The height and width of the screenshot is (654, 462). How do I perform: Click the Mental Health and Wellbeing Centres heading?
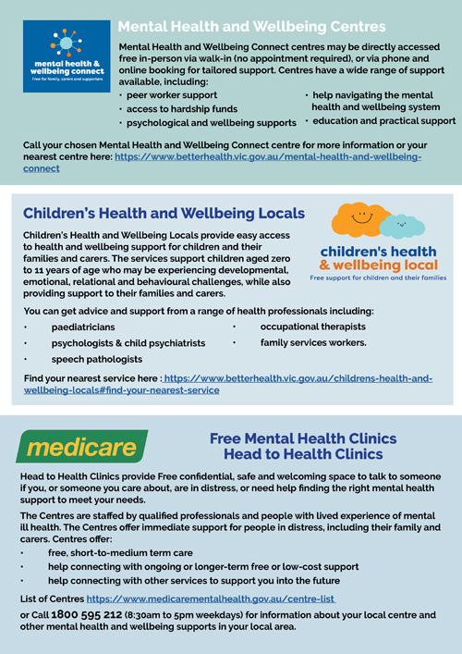point(252,27)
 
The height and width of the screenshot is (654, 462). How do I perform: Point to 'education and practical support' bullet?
point(383,120)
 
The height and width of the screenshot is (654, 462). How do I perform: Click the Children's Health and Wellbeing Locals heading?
point(164,214)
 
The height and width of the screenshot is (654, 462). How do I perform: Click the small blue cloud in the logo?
point(403,225)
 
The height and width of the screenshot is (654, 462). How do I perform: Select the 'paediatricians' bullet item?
point(83,327)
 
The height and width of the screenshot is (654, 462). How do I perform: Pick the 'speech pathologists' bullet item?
point(97,359)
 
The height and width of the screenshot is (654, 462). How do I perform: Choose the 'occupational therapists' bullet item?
point(312,327)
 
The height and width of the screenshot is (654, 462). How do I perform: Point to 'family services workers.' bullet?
point(313,342)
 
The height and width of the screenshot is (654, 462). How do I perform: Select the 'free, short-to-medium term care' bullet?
point(120,552)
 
